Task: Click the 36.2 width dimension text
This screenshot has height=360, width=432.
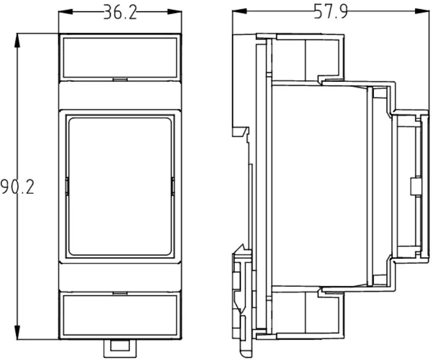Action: click(120, 12)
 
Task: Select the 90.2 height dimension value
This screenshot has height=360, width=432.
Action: click(17, 187)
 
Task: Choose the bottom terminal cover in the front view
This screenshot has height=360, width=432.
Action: click(120, 316)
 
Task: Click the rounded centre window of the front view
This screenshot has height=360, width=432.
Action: click(120, 186)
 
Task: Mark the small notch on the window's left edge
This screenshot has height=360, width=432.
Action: click(66, 186)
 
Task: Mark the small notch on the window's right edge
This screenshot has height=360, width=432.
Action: click(173, 186)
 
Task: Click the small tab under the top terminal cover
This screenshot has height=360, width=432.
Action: click(120, 80)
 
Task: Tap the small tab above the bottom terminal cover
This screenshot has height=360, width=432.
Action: click(120, 293)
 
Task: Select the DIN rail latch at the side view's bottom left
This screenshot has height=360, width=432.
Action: click(241, 297)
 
